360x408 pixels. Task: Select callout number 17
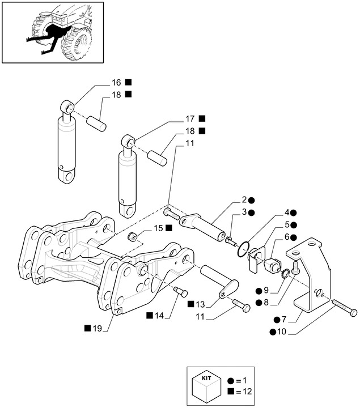(x=190, y=119)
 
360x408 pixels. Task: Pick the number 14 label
(x=161, y=314)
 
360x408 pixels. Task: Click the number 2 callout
(x=244, y=200)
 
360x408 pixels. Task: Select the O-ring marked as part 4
(x=244, y=248)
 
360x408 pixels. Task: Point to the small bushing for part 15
(x=132, y=236)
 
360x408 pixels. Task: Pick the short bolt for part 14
(x=181, y=292)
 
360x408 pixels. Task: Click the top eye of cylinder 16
(x=67, y=106)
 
